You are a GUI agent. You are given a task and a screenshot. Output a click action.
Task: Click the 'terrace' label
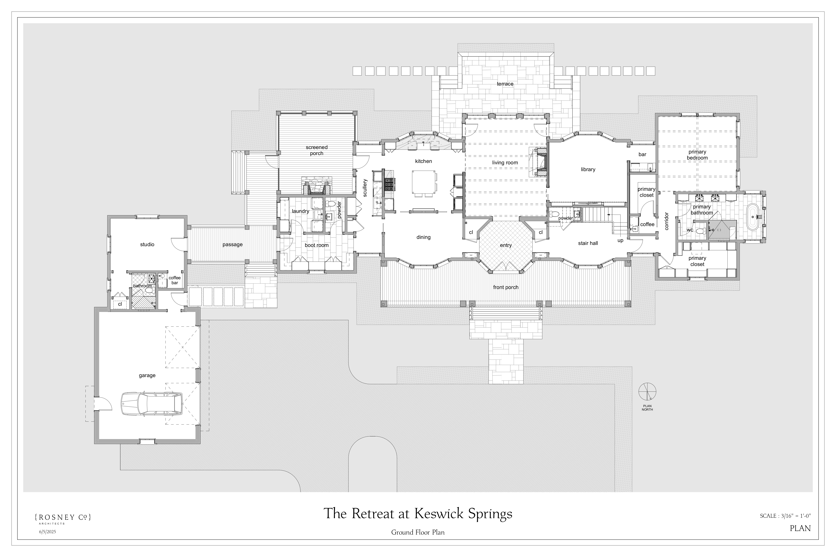pyautogui.click(x=505, y=84)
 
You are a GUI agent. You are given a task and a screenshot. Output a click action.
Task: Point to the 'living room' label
pyautogui.click(x=505, y=163)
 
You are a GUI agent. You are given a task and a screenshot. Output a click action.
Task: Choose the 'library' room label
pyautogui.click(x=588, y=169)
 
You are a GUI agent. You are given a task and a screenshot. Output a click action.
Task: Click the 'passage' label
pyautogui.click(x=233, y=244)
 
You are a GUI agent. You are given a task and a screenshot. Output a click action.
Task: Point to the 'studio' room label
pyautogui.click(x=147, y=244)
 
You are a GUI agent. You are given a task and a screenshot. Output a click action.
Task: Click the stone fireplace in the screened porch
pyautogui.click(x=317, y=186)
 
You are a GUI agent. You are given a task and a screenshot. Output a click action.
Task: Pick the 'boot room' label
pyautogui.click(x=317, y=245)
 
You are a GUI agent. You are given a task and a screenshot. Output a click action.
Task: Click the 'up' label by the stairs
pyautogui.click(x=620, y=240)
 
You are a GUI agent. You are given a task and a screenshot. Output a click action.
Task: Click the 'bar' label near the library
pyautogui.click(x=642, y=155)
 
